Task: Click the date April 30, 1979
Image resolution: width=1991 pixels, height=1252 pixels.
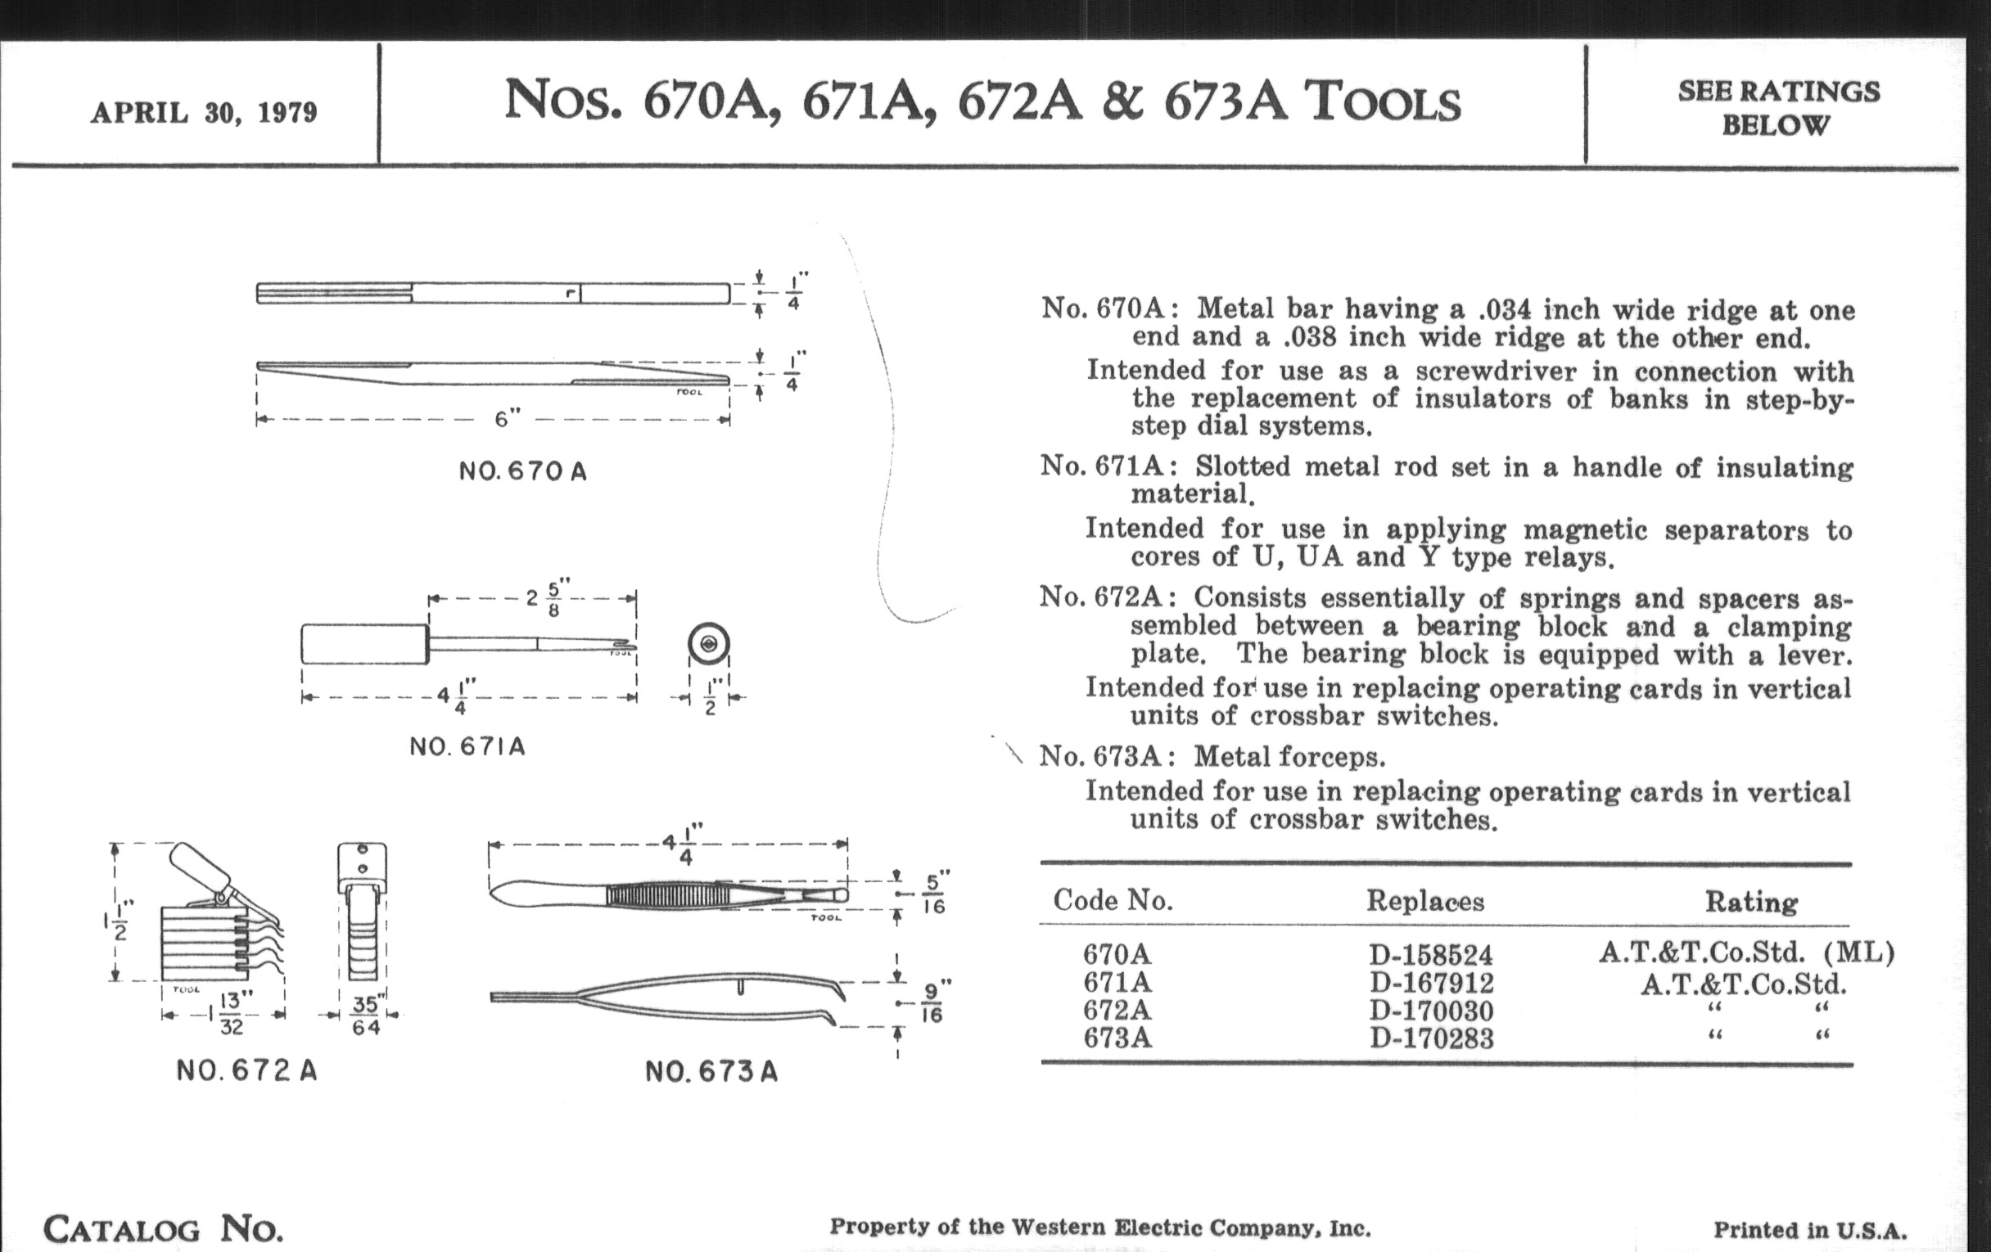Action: tap(203, 112)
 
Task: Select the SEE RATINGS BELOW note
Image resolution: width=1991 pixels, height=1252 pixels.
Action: tap(1777, 108)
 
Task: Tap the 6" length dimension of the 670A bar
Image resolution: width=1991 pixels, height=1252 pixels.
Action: tap(506, 419)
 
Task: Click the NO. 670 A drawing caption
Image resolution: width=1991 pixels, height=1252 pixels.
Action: tap(522, 472)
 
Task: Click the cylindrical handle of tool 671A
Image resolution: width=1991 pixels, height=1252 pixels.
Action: tap(363, 644)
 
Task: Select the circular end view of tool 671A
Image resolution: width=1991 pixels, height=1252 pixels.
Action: tap(709, 644)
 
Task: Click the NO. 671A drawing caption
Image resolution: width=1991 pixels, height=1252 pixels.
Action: tap(467, 747)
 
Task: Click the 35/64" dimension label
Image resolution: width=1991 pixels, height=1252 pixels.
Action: tap(365, 1015)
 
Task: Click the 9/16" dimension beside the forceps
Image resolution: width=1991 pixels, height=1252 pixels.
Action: tap(932, 1002)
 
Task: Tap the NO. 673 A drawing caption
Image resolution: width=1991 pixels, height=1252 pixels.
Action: tap(711, 1072)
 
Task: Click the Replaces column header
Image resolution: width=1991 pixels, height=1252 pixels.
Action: tap(1424, 901)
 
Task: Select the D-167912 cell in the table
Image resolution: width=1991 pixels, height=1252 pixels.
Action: tap(1431, 984)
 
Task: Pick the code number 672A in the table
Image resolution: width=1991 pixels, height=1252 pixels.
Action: tap(1117, 1010)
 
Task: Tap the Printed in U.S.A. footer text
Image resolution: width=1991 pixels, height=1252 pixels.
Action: tap(1810, 1230)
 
